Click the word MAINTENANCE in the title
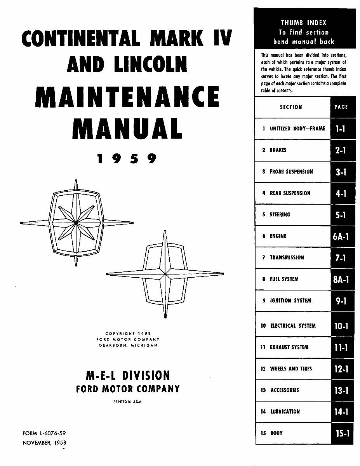[x=127, y=97]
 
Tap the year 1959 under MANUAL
[x=127, y=159]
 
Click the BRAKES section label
[x=278, y=150]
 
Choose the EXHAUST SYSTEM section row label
[x=289, y=347]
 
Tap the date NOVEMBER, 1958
[x=44, y=442]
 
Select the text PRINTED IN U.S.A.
[x=128, y=402]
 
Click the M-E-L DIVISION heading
[x=127, y=376]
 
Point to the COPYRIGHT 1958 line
[x=128, y=333]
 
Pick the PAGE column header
[x=341, y=107]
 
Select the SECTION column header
[x=291, y=107]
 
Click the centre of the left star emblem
[x=76, y=223]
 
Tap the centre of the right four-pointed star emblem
[x=165, y=274]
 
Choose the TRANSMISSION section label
[x=287, y=257]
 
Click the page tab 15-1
[x=342, y=433]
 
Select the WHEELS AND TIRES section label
[x=291, y=369]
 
